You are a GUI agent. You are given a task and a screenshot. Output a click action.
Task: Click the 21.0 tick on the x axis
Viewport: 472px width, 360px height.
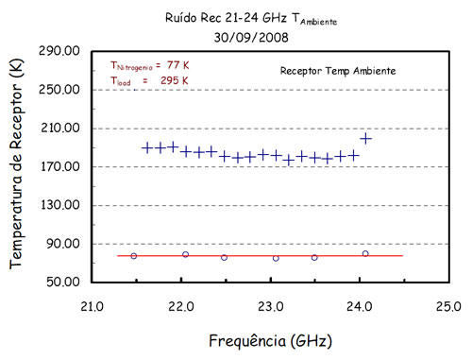click(x=91, y=305)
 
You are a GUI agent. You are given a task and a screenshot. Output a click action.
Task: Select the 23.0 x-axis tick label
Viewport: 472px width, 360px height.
click(x=270, y=305)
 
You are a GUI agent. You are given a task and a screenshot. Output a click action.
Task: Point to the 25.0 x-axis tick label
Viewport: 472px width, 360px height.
click(x=448, y=305)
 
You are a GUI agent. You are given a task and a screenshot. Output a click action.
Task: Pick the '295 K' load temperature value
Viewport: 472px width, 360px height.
click(x=176, y=80)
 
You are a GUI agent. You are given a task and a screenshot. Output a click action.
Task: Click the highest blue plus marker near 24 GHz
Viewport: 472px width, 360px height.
click(x=365, y=139)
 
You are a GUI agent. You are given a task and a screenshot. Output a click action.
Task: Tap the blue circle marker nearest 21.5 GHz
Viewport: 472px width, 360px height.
click(x=134, y=256)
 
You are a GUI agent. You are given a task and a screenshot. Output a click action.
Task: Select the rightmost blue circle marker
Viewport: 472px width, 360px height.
click(x=365, y=253)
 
